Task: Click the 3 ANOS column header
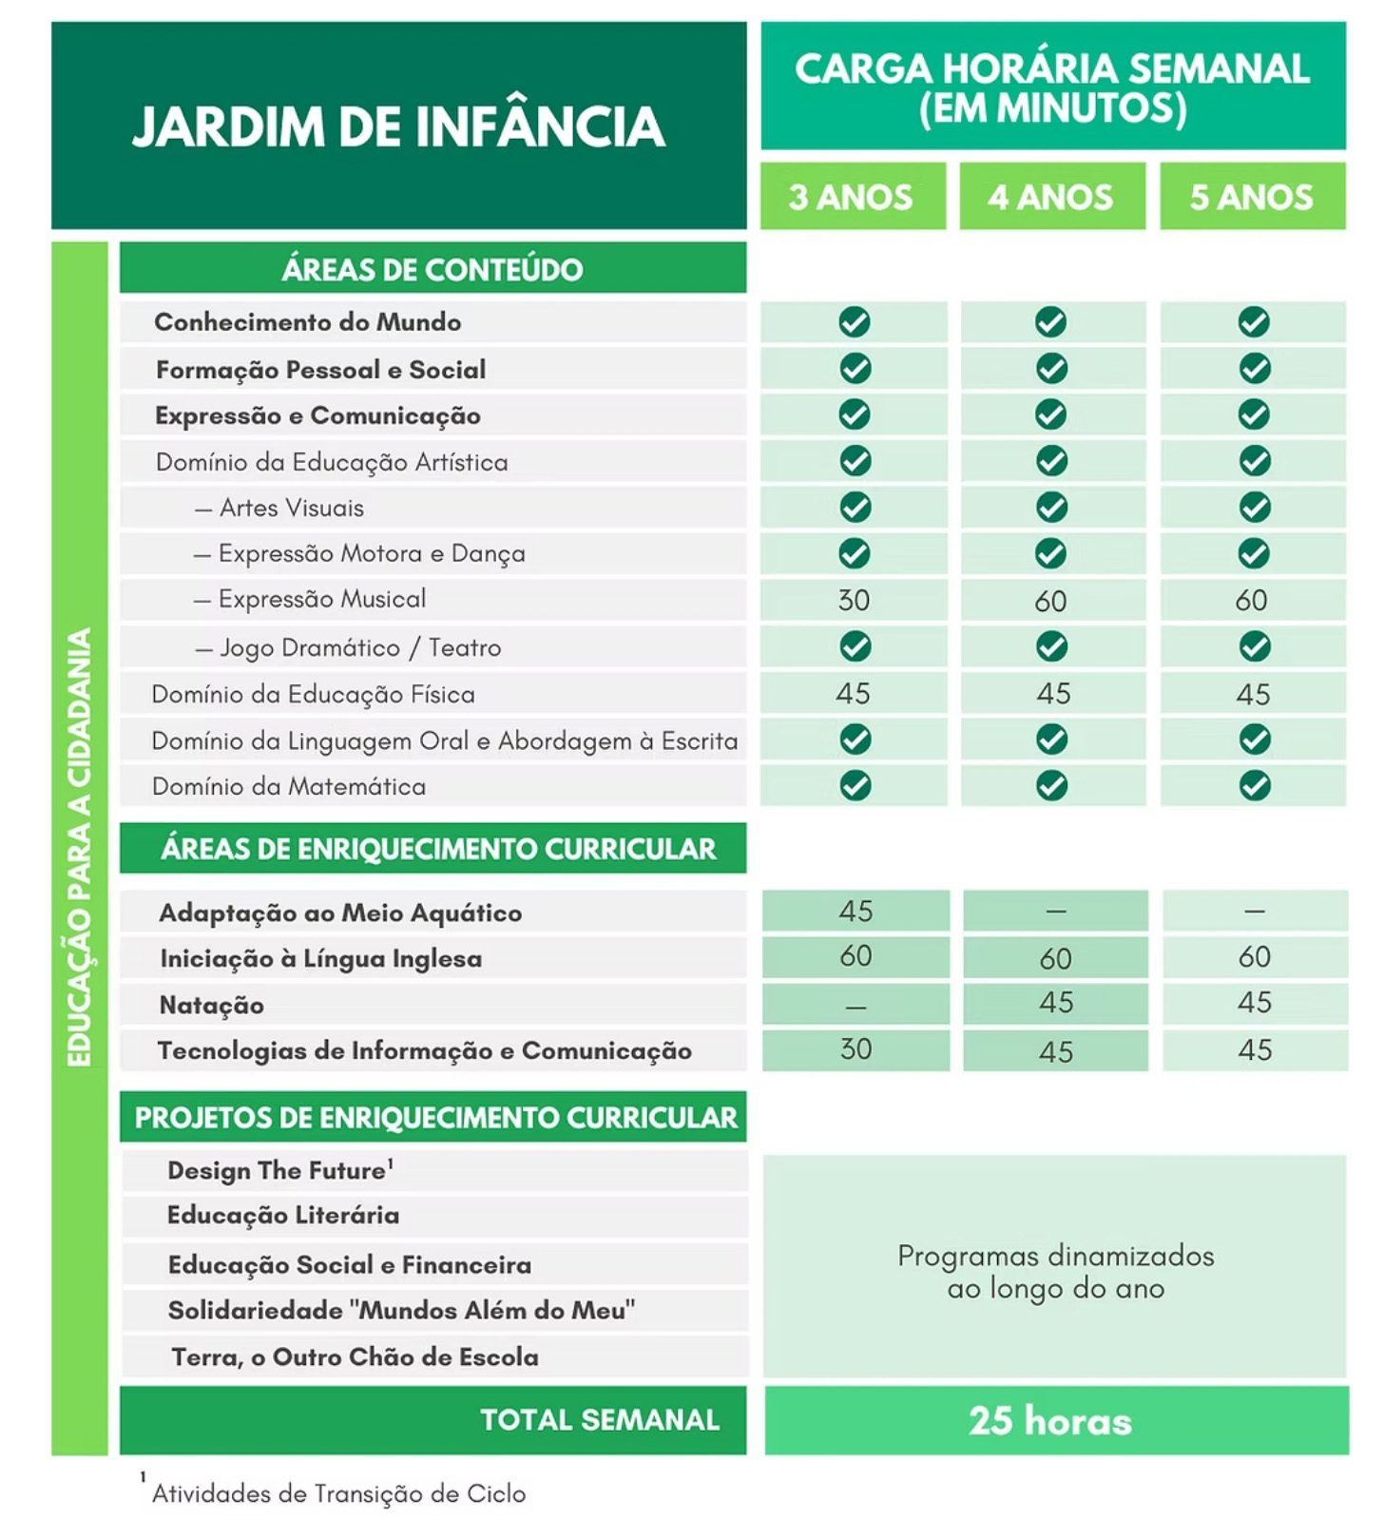851,197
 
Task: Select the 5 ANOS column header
1251,197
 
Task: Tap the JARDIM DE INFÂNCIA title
398,126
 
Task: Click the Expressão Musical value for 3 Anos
854,600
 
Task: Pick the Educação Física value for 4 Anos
1053,694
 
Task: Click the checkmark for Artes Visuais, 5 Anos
1254,507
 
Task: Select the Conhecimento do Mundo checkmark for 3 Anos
855,322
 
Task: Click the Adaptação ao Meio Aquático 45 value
855,911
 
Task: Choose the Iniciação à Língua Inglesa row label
320,958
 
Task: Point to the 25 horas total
1050,1420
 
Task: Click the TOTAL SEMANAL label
599,1419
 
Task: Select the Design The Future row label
277,1170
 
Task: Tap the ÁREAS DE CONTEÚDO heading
432,269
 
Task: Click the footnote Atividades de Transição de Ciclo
338,1493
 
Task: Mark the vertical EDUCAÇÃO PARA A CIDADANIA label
79,846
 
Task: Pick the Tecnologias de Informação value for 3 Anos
855,1049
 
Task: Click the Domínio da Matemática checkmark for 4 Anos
1051,786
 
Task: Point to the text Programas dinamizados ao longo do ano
1055,1272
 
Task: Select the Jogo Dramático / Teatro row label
360,647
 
